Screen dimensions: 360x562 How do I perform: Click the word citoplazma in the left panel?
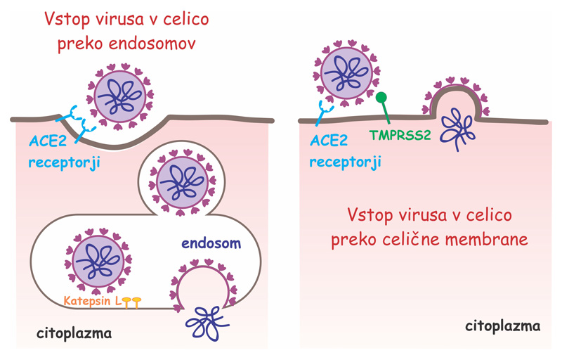[x=74, y=333]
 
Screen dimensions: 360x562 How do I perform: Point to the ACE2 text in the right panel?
[x=329, y=141]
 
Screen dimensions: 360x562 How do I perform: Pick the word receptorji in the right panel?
[x=345, y=162]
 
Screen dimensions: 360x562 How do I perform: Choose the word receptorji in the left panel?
[x=64, y=163]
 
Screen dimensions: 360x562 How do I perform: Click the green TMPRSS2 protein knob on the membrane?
[x=381, y=98]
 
